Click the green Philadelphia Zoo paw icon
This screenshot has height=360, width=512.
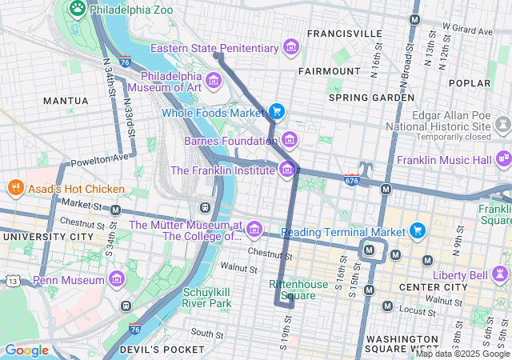click(x=78, y=9)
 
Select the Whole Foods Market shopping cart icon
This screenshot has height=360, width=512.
click(x=277, y=112)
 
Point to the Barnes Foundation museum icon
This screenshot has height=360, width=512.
click(x=289, y=141)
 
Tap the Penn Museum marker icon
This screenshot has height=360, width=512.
click(x=117, y=280)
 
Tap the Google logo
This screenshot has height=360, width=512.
click(x=26, y=350)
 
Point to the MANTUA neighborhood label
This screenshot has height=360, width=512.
click(x=65, y=101)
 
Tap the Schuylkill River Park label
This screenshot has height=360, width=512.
click(x=207, y=298)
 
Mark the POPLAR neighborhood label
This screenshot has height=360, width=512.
click(x=470, y=82)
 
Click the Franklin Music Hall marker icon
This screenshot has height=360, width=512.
click(x=503, y=159)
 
